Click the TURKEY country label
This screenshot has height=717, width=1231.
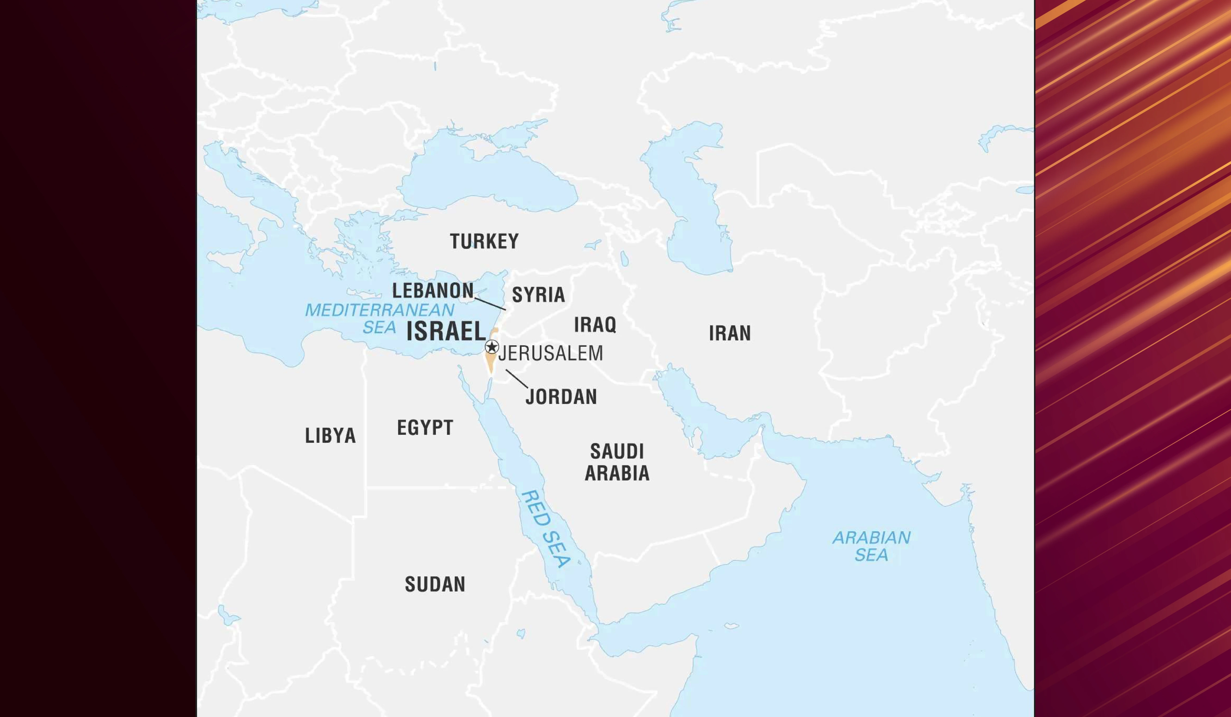[484, 241]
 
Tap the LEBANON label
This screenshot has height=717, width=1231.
[433, 291]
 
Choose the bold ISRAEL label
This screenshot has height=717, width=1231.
[446, 331]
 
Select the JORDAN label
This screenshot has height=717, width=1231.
[561, 397]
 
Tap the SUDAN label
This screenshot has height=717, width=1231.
[435, 584]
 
